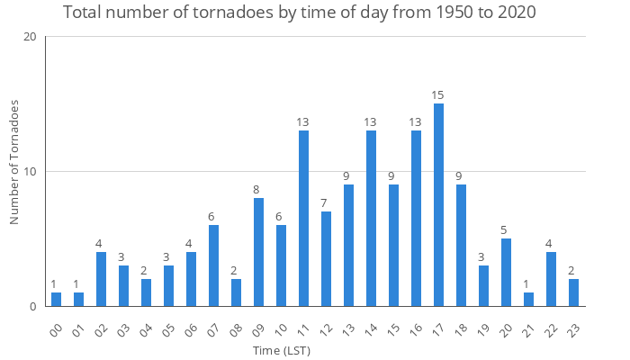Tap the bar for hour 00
click(56, 299)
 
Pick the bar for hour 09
click(258, 252)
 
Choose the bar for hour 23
click(573, 292)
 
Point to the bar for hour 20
click(506, 272)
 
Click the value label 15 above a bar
click(438, 95)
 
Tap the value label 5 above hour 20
click(506, 230)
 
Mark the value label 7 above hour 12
click(326, 203)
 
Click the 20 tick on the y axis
click(31, 37)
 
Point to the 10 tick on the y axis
click(31, 172)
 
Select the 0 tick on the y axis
click(33, 306)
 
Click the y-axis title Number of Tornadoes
click(14, 162)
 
